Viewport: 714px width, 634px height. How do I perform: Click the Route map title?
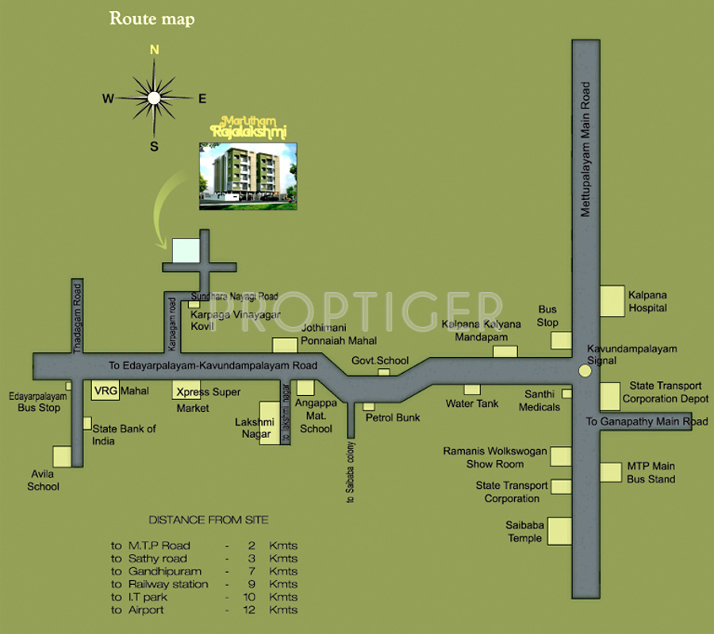[151, 19]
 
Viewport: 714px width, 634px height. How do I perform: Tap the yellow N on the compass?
[155, 49]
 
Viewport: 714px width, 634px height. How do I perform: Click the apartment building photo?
[248, 176]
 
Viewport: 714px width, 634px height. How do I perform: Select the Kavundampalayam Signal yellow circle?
[585, 371]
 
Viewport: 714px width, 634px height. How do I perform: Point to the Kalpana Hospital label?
[647, 300]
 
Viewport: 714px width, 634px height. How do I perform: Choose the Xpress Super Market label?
[208, 399]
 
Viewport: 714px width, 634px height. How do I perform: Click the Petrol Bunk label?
[392, 417]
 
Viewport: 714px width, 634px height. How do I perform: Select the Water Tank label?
[472, 404]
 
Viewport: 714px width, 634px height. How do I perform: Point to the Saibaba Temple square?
[560, 529]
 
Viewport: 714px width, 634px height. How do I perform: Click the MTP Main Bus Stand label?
[651, 472]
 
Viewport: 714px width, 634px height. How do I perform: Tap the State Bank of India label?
[125, 435]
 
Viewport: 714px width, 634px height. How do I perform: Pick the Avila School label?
[43, 481]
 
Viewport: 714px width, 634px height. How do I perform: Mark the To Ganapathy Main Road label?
[647, 421]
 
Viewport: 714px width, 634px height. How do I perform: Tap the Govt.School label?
[380, 360]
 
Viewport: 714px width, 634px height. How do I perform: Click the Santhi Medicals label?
[539, 401]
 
